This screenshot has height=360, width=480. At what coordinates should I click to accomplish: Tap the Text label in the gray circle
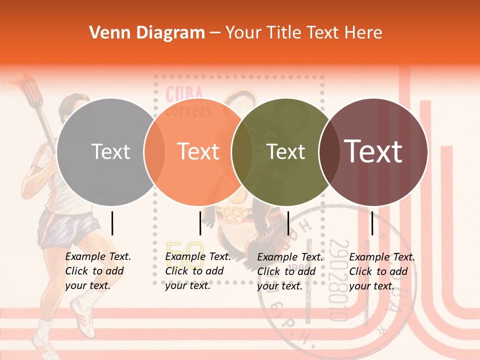[110, 152]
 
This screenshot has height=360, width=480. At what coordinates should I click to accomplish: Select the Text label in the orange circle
[198, 152]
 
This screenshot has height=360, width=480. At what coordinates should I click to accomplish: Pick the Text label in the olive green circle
[286, 152]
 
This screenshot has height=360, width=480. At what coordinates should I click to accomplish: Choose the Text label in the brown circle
[373, 151]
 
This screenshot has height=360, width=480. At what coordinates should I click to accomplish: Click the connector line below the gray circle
[112, 223]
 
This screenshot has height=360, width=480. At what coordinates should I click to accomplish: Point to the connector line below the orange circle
[200, 223]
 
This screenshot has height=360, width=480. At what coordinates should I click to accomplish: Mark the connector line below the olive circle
[288, 223]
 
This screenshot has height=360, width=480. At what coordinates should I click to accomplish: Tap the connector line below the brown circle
[372, 223]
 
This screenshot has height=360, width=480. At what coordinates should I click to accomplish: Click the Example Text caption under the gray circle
[98, 271]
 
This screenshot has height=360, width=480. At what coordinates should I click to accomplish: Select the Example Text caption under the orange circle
[198, 271]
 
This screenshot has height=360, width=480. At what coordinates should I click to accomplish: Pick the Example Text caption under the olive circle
[290, 271]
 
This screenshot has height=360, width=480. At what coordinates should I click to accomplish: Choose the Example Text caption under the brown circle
[382, 271]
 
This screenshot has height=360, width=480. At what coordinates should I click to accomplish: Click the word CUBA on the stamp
[184, 93]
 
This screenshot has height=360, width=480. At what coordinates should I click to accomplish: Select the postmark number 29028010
[339, 280]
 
